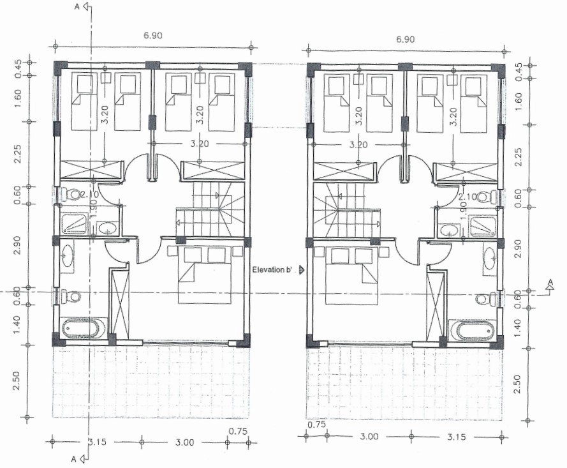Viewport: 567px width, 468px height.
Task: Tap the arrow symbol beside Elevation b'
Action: point(301,270)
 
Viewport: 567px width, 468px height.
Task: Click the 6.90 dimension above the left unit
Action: point(153,35)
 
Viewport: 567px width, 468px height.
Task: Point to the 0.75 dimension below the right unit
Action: point(317,424)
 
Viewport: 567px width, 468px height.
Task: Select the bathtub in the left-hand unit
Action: point(80,329)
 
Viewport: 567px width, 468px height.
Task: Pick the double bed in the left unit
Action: point(205,275)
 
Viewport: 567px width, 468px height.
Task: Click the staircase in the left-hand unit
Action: point(210,209)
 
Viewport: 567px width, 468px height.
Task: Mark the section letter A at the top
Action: point(77,6)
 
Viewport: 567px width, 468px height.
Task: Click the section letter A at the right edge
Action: point(550,282)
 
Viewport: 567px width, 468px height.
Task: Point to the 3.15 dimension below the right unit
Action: point(457,437)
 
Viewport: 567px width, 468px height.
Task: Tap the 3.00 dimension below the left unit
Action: point(184,442)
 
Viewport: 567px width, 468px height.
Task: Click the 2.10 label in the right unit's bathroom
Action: point(468,197)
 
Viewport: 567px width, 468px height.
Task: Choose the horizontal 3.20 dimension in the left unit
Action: point(200,144)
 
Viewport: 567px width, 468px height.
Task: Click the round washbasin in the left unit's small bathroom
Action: point(107,228)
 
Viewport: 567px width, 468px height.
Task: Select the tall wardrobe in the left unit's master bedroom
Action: point(120,302)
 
